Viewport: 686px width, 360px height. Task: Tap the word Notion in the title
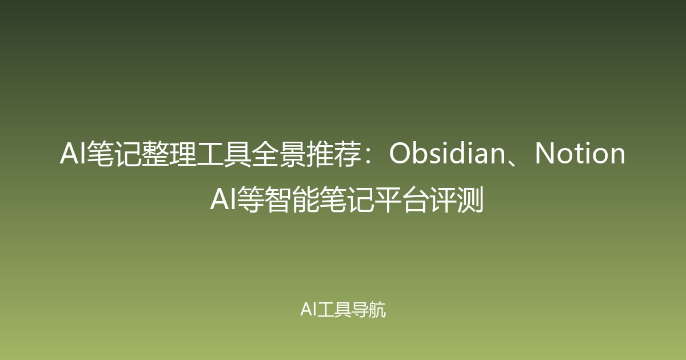tap(580, 154)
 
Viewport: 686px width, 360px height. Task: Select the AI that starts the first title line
tap(71, 154)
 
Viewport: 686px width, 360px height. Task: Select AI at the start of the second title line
tap(222, 200)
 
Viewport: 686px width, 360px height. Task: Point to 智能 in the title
tap(288, 200)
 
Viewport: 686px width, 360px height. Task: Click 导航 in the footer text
tap(370, 310)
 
